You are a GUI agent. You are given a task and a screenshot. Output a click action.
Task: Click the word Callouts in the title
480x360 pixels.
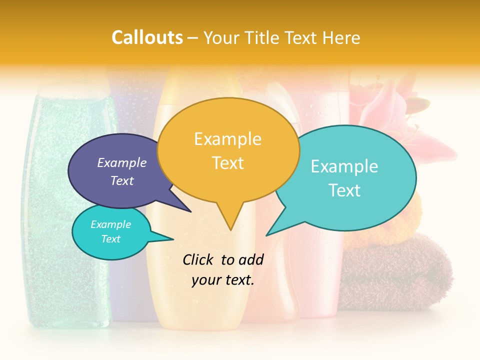coord(147,37)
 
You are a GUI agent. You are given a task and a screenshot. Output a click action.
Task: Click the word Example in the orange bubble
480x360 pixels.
coord(227,139)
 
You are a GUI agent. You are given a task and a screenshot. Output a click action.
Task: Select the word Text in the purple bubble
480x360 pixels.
coord(122,181)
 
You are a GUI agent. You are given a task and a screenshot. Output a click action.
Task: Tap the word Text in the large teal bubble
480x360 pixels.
coord(344,190)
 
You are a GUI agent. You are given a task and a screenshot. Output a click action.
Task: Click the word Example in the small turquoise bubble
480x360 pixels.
coord(110,224)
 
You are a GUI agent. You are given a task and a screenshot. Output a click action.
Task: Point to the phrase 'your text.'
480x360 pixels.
coord(223,280)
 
